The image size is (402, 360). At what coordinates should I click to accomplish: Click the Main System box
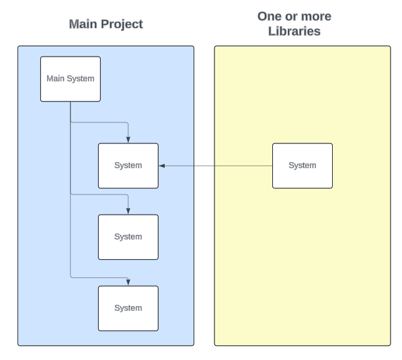coord(70,79)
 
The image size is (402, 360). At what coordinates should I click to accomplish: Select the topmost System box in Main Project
coord(128,166)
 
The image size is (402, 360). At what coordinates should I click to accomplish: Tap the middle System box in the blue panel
coord(128,237)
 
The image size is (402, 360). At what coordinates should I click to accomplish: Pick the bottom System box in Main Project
coord(128,308)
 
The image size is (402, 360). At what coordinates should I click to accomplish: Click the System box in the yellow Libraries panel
coord(302,166)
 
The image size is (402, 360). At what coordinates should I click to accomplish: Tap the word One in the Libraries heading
coord(271,16)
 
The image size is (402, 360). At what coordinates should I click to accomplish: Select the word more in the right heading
coord(316,16)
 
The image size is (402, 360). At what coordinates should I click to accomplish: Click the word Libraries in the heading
coord(294,32)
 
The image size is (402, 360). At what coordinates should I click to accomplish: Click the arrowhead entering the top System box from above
coord(128,140)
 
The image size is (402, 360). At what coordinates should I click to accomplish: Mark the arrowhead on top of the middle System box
coord(128,211)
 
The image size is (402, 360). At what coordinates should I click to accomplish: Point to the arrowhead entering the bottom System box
coord(128,283)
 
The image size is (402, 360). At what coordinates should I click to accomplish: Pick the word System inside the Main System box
coord(81,79)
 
